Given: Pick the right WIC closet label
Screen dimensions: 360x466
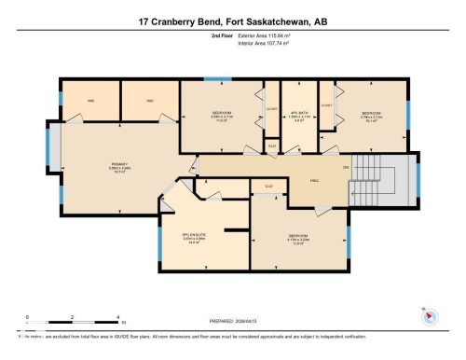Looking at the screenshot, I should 149,101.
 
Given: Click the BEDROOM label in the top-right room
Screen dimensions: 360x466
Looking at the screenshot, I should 372,113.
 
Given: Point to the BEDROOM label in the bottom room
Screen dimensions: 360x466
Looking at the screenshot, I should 299,235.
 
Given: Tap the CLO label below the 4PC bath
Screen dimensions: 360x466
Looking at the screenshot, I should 271,145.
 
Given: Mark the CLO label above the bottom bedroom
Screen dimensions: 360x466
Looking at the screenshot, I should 268,187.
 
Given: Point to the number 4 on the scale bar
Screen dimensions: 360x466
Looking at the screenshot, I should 117,317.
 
